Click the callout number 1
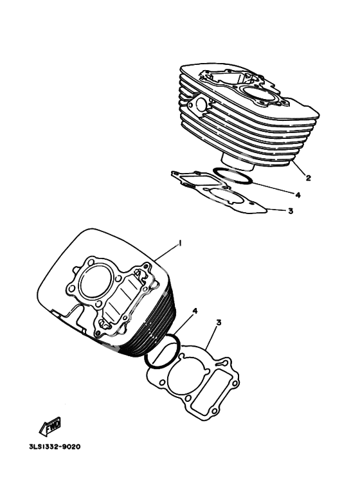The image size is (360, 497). [180, 243]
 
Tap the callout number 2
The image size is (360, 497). [308, 178]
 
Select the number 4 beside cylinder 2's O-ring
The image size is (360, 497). [298, 195]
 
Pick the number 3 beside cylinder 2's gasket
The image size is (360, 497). [291, 210]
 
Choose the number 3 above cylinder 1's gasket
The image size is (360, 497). [219, 322]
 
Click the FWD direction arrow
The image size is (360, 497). [50, 426]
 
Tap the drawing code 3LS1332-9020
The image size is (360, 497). [55, 447]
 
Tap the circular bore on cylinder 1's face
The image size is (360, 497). [96, 283]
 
